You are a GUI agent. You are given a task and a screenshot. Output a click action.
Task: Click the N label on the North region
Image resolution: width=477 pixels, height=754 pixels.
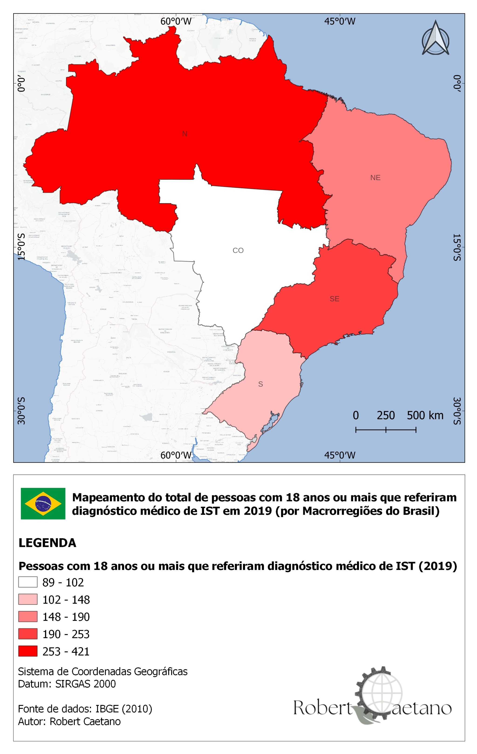(185, 134)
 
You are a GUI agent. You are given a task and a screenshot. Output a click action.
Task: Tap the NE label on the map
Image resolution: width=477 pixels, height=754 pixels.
(375, 178)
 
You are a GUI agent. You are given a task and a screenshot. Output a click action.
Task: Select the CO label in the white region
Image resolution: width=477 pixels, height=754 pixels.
(238, 250)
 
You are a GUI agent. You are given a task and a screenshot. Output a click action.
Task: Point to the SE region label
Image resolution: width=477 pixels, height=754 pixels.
(334, 299)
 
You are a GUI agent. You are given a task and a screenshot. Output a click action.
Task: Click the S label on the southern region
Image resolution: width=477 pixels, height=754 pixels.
(260, 384)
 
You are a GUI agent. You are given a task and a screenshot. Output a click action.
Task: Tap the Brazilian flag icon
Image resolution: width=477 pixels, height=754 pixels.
(43, 504)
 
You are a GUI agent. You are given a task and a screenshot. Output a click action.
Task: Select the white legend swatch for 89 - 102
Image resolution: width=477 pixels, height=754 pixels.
(28, 582)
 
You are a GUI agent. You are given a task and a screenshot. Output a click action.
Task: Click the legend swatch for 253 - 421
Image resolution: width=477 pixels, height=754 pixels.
(28, 651)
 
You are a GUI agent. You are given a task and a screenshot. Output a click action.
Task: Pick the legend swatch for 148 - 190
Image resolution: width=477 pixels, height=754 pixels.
(28, 616)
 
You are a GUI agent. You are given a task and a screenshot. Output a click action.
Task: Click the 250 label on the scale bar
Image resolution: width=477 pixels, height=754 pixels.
(385, 415)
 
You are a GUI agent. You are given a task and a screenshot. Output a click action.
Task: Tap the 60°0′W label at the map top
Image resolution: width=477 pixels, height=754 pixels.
(176, 21)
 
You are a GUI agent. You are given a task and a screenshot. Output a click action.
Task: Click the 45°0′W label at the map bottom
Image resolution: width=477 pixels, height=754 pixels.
(340, 455)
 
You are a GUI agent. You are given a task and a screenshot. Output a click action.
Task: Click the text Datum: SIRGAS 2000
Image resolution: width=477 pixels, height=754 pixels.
(67, 683)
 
